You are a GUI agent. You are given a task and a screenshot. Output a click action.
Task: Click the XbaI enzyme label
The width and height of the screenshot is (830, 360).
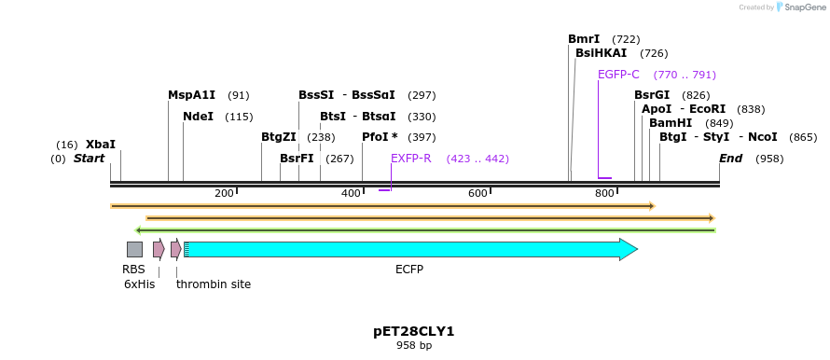tap(101, 145)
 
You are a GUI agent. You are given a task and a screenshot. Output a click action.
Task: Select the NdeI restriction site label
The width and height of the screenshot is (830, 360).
tap(198, 117)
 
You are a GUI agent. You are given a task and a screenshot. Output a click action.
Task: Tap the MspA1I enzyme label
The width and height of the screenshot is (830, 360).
tap(191, 95)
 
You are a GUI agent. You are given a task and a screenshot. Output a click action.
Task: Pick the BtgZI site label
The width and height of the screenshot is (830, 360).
tap(278, 137)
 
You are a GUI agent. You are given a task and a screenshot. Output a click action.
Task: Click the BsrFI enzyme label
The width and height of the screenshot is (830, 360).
tap(297, 159)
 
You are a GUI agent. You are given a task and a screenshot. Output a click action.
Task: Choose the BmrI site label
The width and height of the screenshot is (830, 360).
tap(584, 39)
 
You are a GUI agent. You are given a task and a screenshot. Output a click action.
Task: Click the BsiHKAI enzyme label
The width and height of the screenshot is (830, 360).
tap(601, 53)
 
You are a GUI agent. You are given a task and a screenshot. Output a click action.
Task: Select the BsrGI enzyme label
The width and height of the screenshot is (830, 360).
tap(652, 95)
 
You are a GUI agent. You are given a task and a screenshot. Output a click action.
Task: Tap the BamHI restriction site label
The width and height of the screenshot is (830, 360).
tap(671, 123)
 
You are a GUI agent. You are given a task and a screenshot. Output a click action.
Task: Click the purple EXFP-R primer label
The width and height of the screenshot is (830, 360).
tap(410, 159)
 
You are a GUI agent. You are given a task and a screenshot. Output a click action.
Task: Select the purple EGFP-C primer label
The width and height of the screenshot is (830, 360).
tap(618, 75)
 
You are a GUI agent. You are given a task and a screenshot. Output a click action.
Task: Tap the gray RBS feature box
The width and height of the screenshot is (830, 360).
tap(134, 249)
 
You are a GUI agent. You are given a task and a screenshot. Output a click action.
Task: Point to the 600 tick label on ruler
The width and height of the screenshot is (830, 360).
tap(477, 193)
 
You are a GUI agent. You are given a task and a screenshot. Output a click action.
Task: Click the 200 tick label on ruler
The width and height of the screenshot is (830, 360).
tap(224, 193)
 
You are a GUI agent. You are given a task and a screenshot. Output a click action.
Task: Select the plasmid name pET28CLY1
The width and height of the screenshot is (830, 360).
tap(414, 331)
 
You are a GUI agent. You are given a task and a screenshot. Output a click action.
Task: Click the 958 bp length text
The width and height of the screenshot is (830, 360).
tap(414, 346)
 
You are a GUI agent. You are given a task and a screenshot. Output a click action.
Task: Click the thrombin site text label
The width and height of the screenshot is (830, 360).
tap(214, 284)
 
